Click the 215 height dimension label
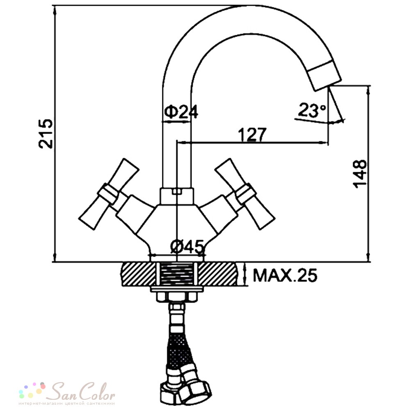pos(46,134)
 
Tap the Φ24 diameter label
pos(181,112)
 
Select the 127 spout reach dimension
pos(252,134)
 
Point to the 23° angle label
pos(312,110)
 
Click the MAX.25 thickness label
pos(285,275)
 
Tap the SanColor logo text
pos(83,392)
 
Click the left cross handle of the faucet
pos(109,194)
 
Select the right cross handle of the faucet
pos(245,194)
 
